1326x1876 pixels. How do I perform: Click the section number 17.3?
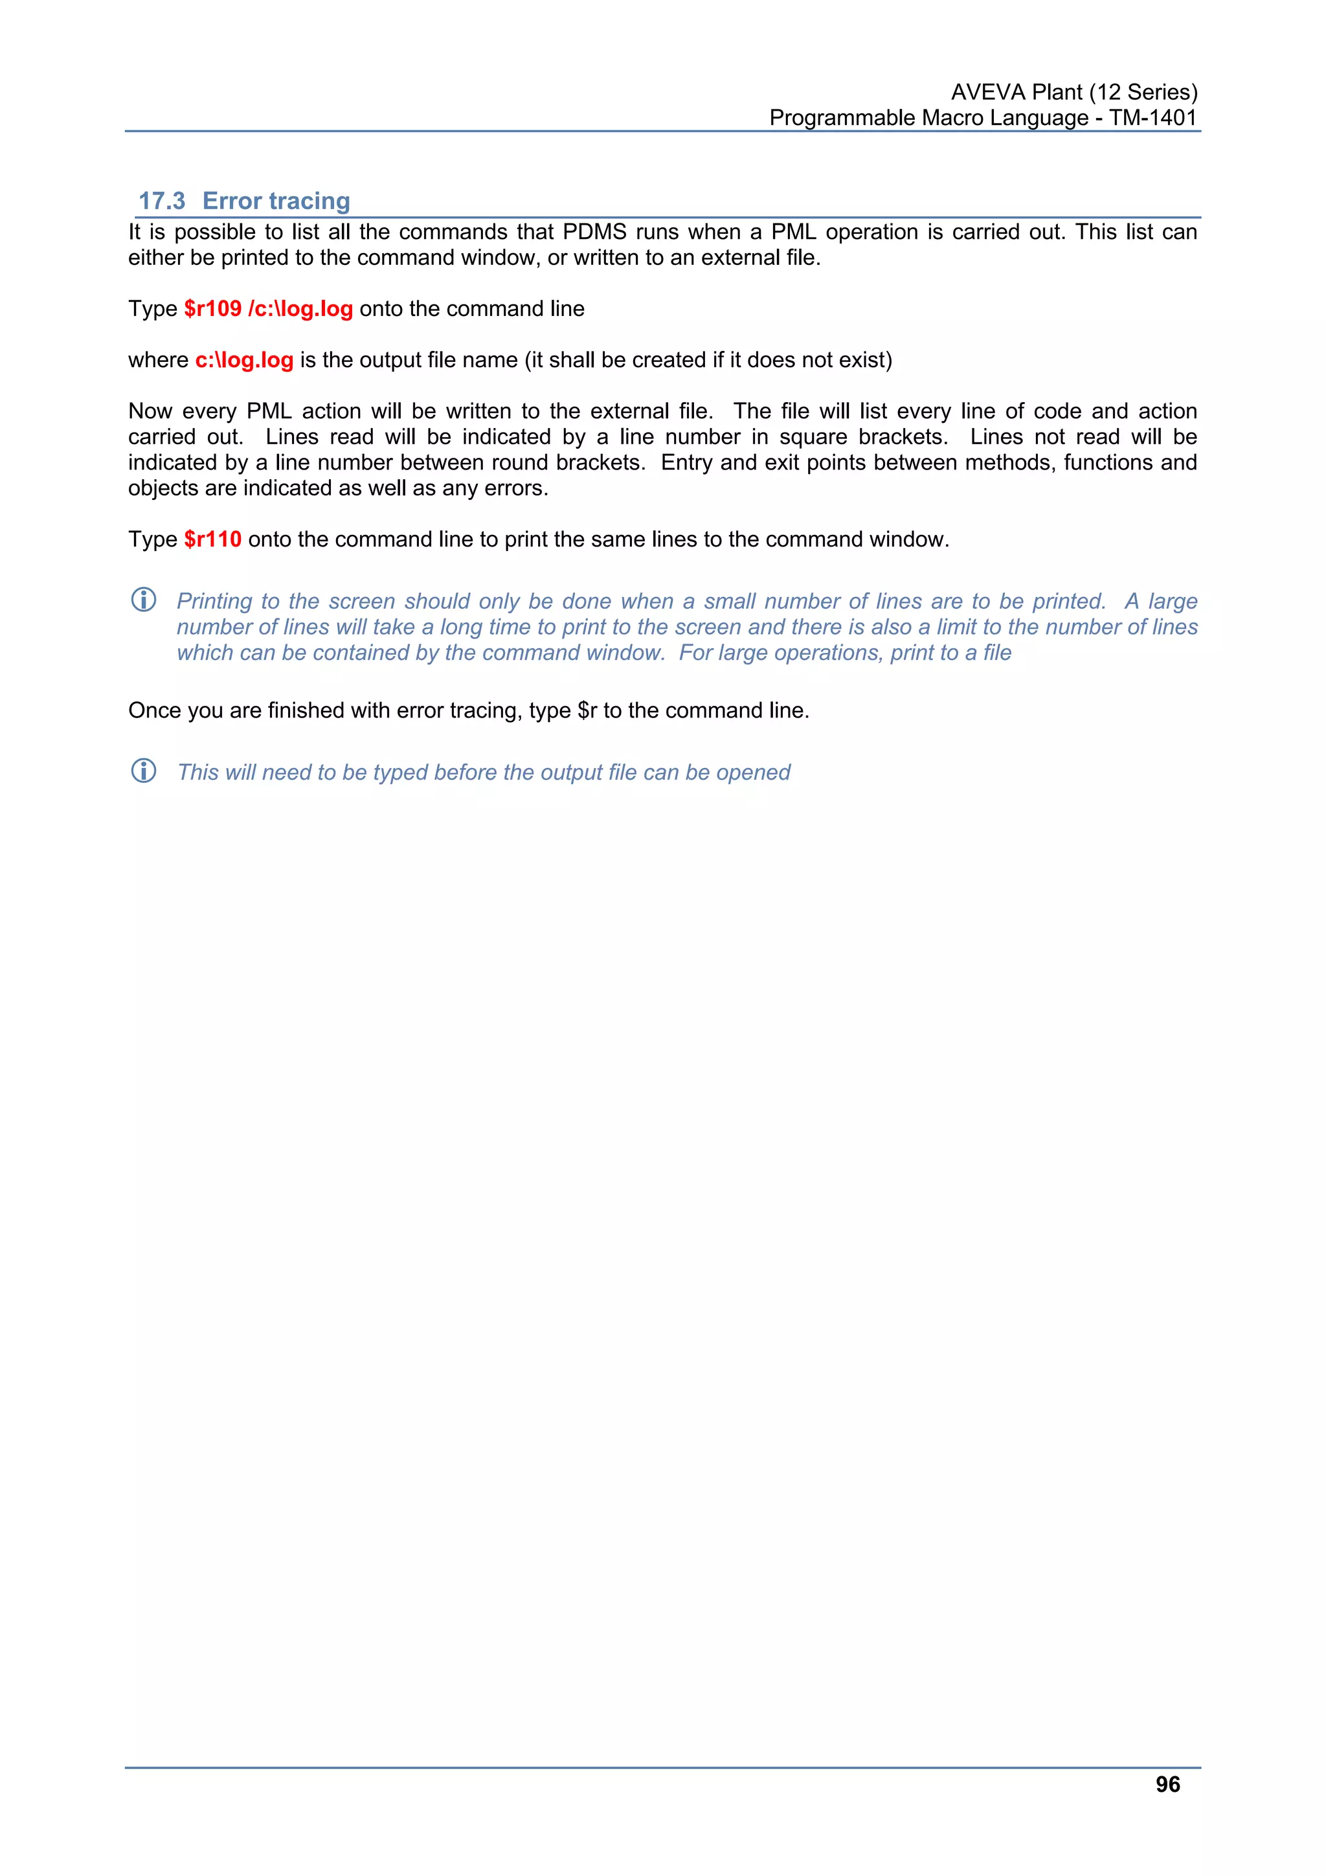(162, 201)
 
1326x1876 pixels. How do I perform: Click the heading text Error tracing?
(276, 201)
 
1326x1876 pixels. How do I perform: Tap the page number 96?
(1167, 1785)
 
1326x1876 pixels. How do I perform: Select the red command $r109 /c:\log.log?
(268, 309)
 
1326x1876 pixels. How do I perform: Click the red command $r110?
(212, 539)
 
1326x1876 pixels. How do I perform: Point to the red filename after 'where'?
(243, 360)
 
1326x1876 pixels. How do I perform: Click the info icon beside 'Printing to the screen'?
(144, 600)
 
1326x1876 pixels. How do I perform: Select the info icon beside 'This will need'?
(144, 771)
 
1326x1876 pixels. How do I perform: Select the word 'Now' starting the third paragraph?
(150, 411)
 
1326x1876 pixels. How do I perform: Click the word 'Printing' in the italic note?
(214, 602)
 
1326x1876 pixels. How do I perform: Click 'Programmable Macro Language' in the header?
(928, 118)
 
